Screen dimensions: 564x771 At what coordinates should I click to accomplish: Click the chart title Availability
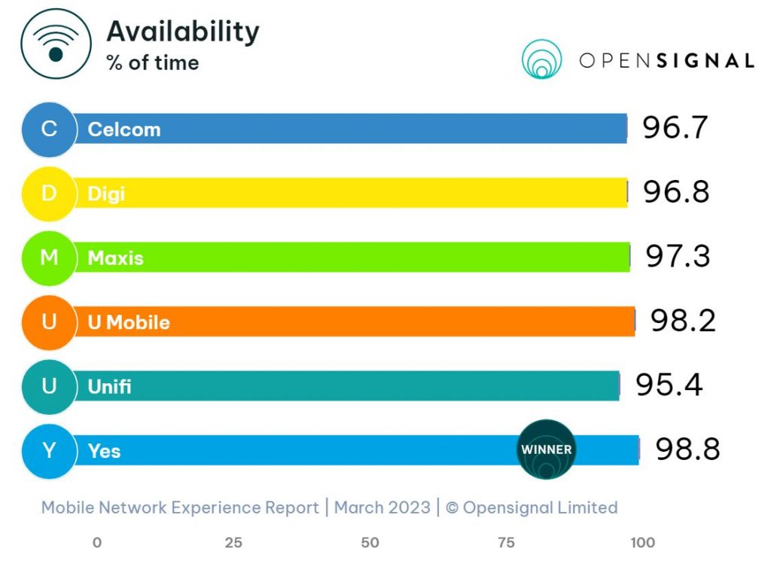(183, 32)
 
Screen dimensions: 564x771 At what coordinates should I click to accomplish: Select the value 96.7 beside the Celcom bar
(675, 129)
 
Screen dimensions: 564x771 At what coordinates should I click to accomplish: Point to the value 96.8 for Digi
(676, 193)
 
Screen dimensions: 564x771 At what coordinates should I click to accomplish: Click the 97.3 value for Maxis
(678, 258)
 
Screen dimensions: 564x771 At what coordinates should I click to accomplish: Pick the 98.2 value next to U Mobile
(683, 322)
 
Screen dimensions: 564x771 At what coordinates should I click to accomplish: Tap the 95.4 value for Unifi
(669, 386)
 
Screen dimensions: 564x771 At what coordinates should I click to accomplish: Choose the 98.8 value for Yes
(687, 450)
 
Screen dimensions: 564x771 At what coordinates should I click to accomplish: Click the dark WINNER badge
(546, 450)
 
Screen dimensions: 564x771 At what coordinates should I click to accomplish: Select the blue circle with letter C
(49, 129)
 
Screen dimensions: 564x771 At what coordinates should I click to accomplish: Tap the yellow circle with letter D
(49, 194)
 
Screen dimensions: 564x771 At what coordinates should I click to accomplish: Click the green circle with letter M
(49, 258)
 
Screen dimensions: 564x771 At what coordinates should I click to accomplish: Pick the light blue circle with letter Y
(49, 450)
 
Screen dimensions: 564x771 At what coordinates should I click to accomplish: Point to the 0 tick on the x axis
(96, 542)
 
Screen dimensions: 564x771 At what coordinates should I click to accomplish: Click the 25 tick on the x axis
(233, 542)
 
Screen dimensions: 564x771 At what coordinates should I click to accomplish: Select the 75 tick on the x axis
(506, 542)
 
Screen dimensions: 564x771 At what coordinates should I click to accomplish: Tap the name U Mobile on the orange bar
(129, 322)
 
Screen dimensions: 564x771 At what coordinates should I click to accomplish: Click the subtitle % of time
(153, 62)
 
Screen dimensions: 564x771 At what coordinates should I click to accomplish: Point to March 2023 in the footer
(382, 508)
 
